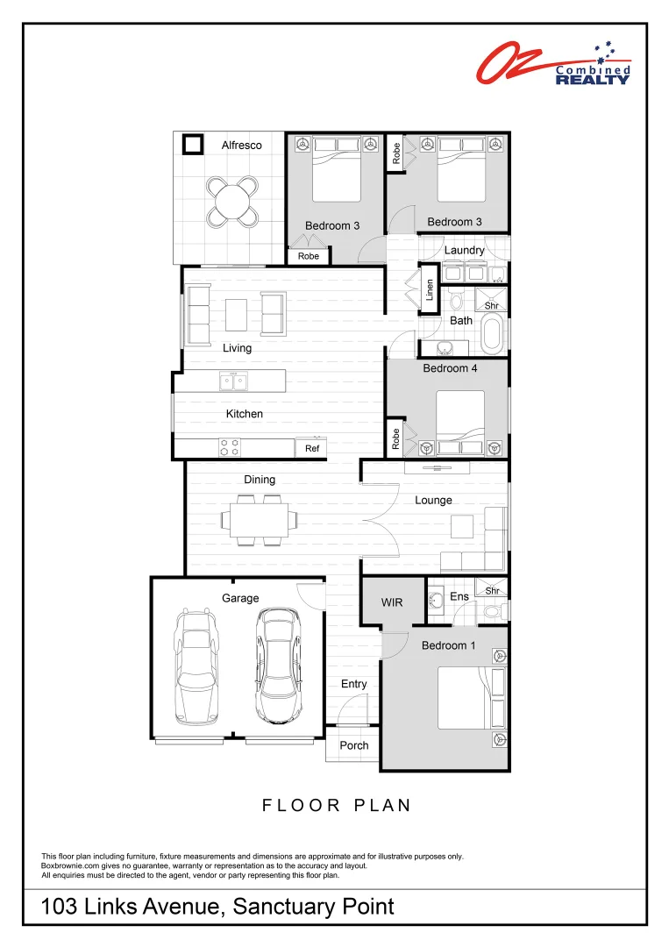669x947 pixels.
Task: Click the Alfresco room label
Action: (x=241, y=146)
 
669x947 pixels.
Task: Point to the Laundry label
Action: (x=464, y=250)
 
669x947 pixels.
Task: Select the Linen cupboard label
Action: (x=430, y=289)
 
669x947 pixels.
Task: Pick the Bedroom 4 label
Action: (x=450, y=368)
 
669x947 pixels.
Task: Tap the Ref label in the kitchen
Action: (x=312, y=448)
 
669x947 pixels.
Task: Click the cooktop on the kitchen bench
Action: (x=230, y=447)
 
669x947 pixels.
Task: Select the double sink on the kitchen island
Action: (x=233, y=381)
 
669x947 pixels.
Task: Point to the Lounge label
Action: (x=433, y=500)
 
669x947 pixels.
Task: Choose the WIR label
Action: (x=392, y=602)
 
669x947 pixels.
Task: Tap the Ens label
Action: (x=459, y=597)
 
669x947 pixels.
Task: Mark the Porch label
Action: (x=354, y=745)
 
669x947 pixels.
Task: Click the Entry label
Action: (x=354, y=684)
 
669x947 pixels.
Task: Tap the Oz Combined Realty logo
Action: (x=553, y=64)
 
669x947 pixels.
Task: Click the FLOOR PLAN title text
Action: (x=337, y=805)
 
